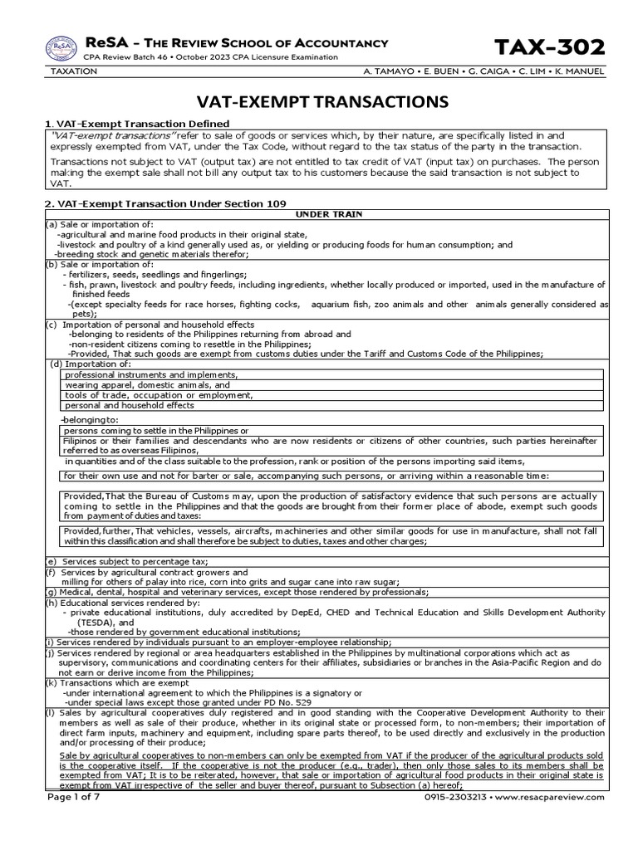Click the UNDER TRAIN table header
click(x=324, y=214)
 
